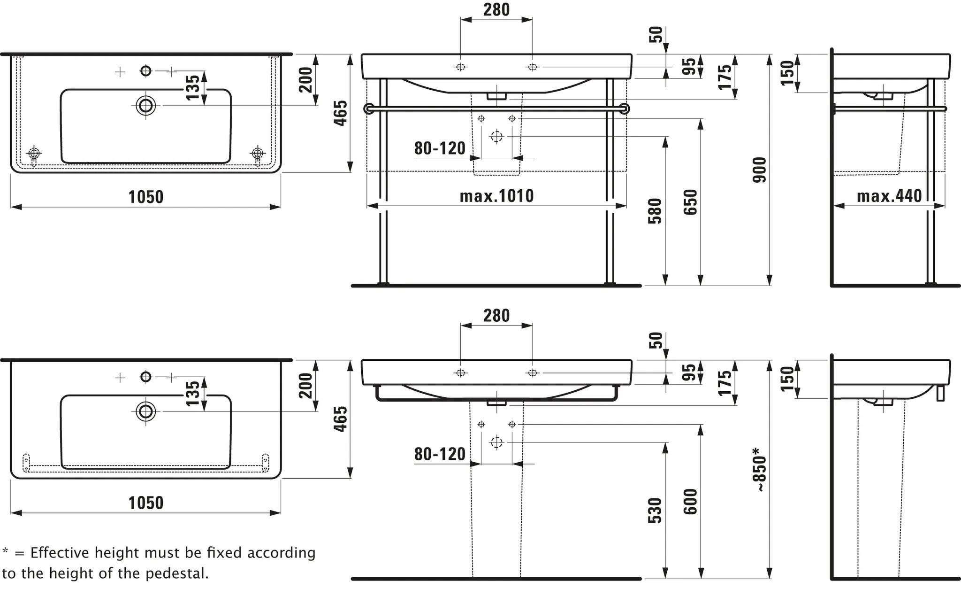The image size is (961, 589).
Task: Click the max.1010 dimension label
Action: coord(496,196)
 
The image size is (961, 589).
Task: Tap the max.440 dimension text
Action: coord(889,196)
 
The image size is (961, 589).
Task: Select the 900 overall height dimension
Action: coord(759,170)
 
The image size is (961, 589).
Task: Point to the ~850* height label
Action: coord(759,470)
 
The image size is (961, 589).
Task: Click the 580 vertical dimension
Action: coord(655,211)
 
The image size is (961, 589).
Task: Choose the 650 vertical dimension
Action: coord(690,202)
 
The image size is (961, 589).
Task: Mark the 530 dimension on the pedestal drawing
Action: coord(655,511)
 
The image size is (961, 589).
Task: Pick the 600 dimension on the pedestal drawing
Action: coord(690,502)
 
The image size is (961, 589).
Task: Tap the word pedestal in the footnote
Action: coord(176,573)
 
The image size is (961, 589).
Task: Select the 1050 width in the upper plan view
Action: coord(146,197)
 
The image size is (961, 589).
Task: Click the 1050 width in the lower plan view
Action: coord(146,503)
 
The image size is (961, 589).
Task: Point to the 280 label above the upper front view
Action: coord(496,10)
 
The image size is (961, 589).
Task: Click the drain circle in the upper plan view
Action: coord(146,106)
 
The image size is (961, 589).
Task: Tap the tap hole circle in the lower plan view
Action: coord(146,377)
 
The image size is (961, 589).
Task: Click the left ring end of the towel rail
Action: coord(369,109)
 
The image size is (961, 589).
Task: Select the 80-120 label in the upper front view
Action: coord(440,148)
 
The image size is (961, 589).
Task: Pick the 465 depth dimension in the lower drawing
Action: coord(340,419)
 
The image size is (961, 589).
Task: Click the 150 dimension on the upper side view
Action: coord(787,73)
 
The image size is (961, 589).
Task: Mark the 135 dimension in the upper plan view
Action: coord(193,87)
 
